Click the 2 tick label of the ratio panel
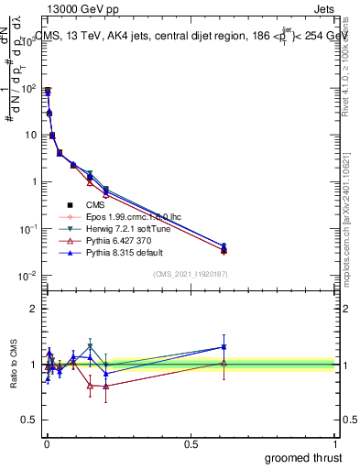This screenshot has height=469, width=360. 35,309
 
